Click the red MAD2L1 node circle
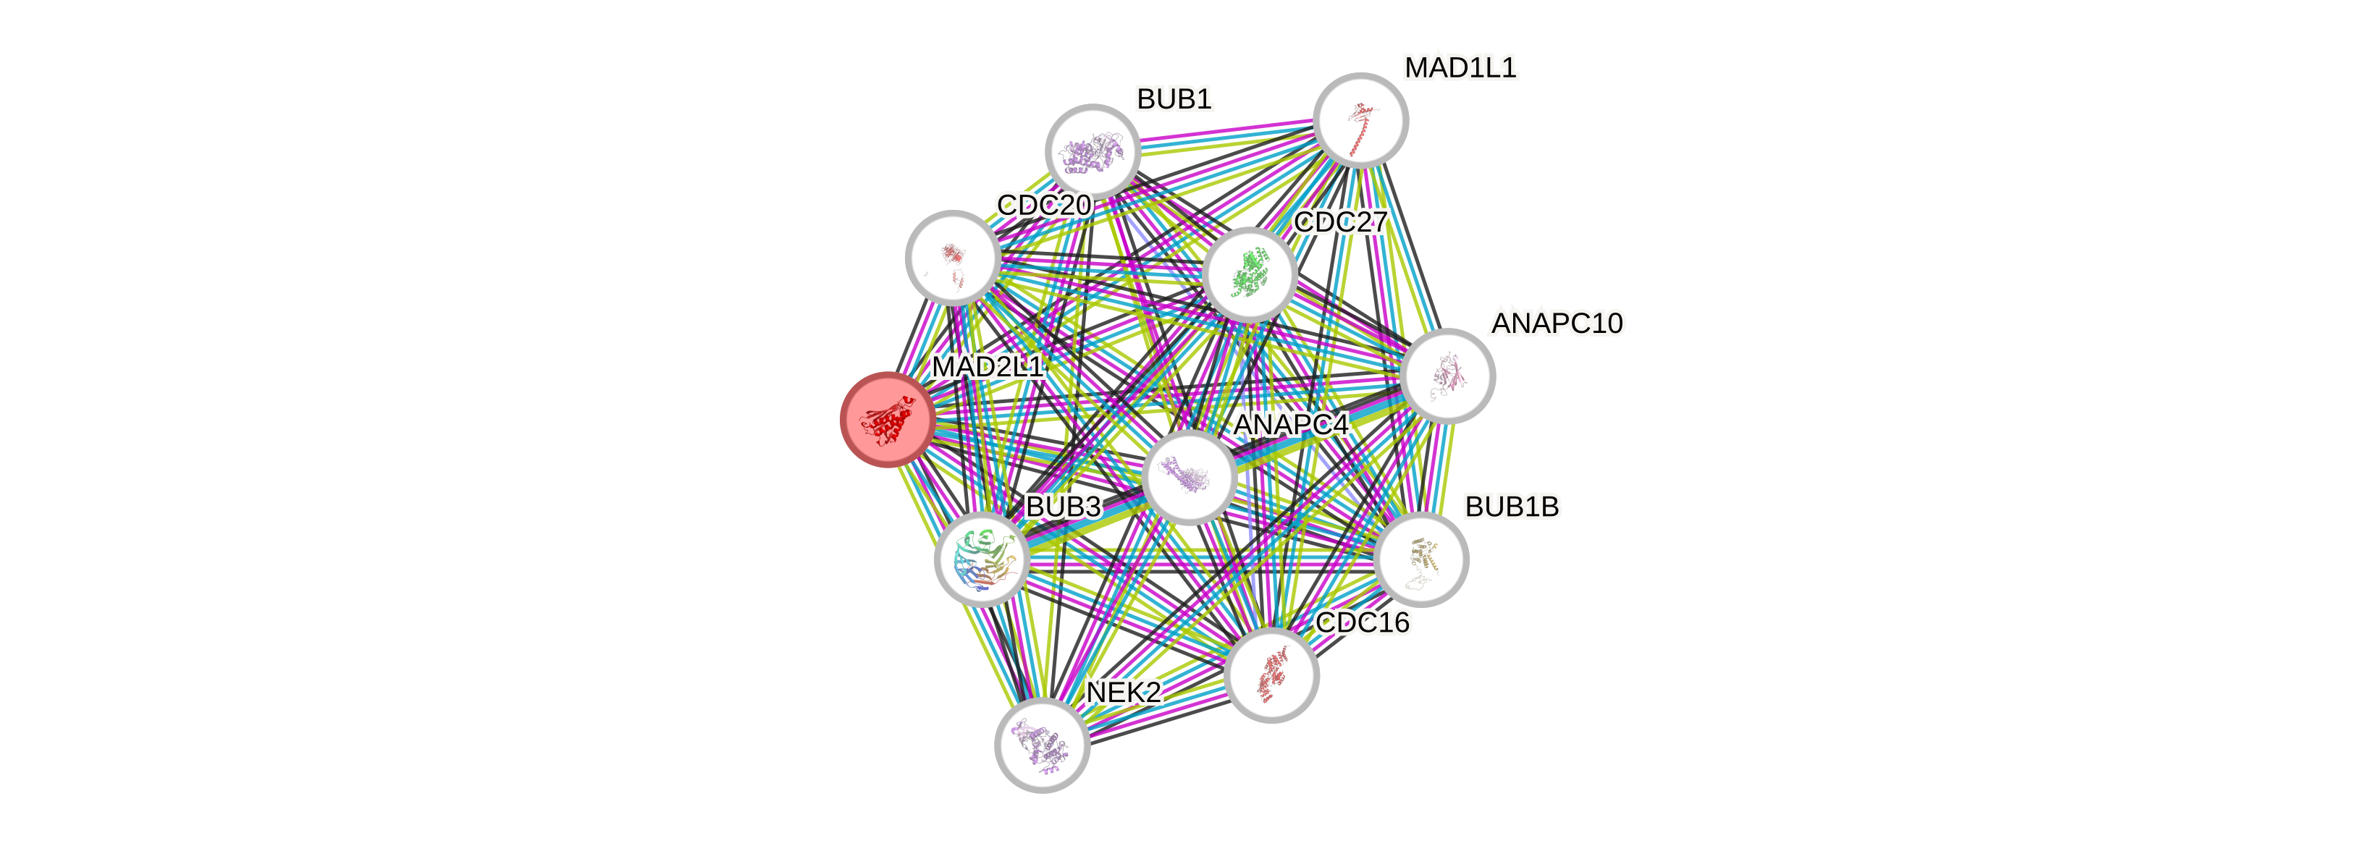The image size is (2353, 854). click(x=886, y=419)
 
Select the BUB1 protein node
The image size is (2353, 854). click(x=1092, y=151)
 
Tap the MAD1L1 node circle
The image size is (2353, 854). click(x=1360, y=119)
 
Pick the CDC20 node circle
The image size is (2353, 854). click(x=952, y=257)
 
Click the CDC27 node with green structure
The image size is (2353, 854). click(x=1249, y=274)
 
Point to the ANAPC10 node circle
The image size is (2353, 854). click(x=1448, y=376)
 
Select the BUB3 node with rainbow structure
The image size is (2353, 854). click(x=981, y=559)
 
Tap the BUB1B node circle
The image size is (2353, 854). click(x=1420, y=559)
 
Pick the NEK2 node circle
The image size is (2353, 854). click(x=1041, y=745)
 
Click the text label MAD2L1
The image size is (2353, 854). click(x=987, y=366)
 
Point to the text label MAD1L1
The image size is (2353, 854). click(x=1460, y=67)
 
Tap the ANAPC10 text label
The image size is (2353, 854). click(x=1557, y=322)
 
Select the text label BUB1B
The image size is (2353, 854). click(x=1512, y=506)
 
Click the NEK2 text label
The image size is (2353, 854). click(x=1124, y=691)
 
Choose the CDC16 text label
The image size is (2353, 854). click(x=1362, y=622)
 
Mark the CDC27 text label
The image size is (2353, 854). click(x=1341, y=221)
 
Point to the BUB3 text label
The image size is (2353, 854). click(x=1064, y=506)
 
